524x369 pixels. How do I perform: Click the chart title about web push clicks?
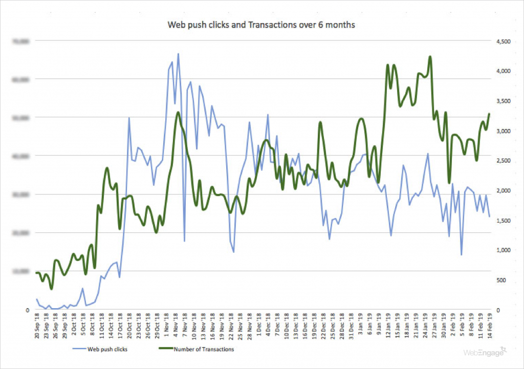[x=261, y=24]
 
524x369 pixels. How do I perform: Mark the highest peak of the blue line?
[x=178, y=53]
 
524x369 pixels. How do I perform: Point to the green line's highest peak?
[x=430, y=57]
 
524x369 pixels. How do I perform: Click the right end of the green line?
[x=489, y=114]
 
